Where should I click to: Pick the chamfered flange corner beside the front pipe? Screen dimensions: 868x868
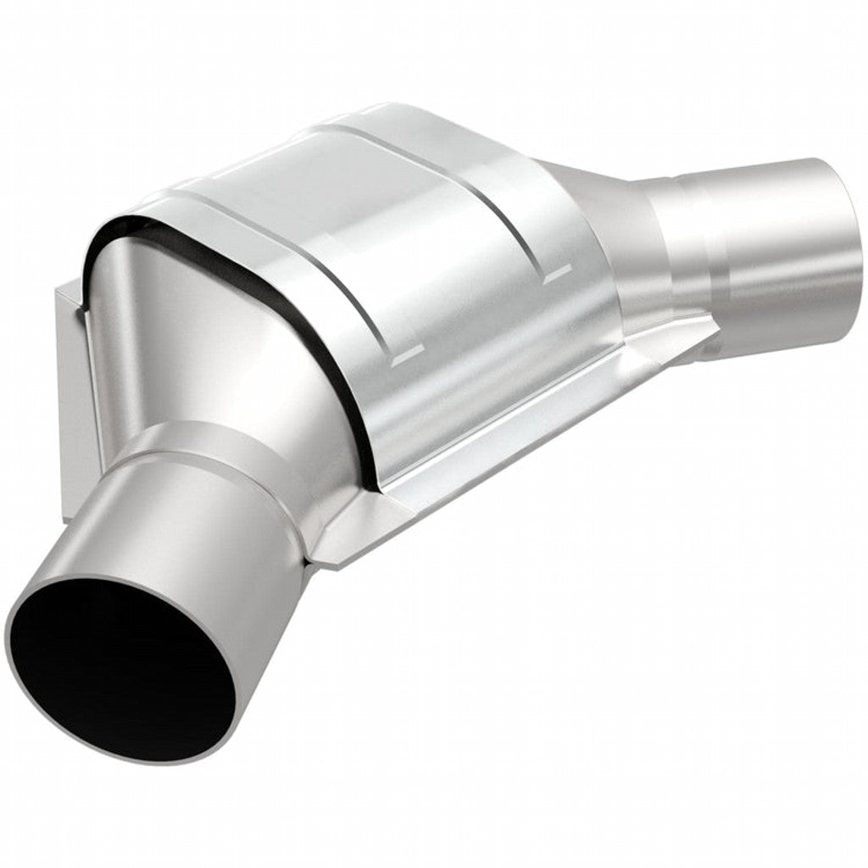click(x=339, y=542)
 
